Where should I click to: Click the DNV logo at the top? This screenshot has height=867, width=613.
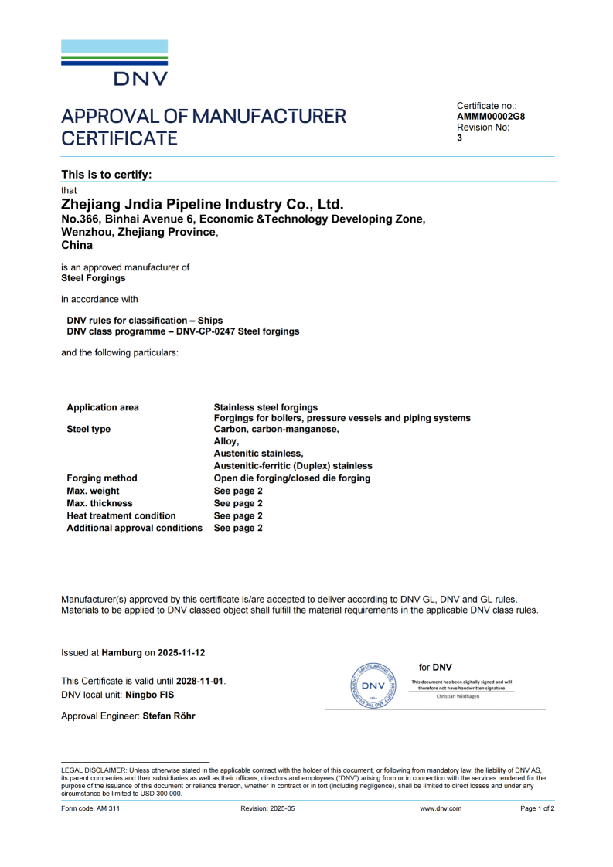coord(114,63)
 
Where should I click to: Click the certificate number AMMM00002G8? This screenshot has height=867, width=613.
coord(491,117)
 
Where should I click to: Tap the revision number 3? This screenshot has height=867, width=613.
coord(460,138)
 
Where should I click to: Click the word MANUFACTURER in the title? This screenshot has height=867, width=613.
coord(269,117)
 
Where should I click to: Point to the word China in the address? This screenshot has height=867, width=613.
coord(77,245)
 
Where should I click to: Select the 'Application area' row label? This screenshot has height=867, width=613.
coord(103,407)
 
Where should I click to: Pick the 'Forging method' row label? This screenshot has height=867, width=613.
coord(102,478)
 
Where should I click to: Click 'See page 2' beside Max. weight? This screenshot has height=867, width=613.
coord(238,491)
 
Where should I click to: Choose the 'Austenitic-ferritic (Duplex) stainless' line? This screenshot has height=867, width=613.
coord(293,466)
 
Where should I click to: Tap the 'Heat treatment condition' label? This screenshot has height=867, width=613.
coord(121,515)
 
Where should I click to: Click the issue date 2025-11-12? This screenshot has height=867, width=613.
coord(182,653)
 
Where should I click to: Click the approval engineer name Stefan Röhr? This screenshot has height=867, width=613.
coord(169,716)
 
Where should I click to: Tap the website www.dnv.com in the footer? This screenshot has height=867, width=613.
coord(441,808)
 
